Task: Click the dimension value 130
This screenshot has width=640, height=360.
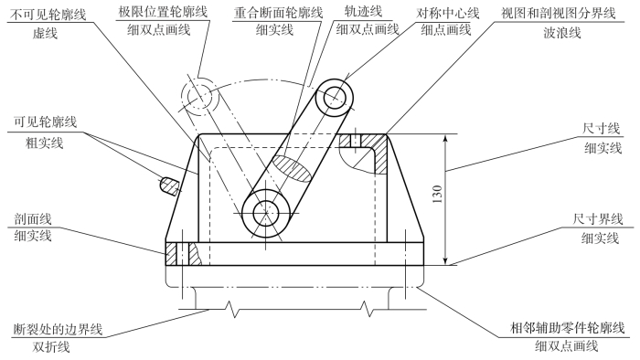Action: coord(437,195)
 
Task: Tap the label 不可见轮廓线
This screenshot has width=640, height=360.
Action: coord(48,16)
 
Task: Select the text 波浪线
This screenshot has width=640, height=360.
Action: coord(562,32)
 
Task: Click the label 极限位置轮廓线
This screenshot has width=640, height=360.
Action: coord(163,11)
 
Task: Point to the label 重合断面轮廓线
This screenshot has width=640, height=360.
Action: coord(278,13)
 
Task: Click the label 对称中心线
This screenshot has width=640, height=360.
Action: coord(448,13)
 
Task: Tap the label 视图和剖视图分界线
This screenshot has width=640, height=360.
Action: coord(558,13)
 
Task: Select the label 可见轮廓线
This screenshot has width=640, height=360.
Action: coord(46,122)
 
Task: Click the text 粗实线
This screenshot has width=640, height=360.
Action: coord(45,143)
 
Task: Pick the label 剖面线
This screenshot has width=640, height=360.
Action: coord(33,219)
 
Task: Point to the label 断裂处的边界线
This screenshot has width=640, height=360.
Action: coord(58,329)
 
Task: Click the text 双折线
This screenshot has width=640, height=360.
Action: coord(51,347)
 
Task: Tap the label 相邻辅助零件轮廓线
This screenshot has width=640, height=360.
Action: coord(568,327)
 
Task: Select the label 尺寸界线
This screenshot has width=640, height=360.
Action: coord(598,219)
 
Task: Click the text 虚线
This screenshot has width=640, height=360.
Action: coord(45,33)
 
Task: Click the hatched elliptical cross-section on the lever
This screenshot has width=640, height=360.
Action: coord(293,167)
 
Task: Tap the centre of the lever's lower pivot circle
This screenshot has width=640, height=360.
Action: coord(266,212)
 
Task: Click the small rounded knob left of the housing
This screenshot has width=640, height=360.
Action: coord(169,185)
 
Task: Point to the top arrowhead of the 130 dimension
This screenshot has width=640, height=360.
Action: coord(446,138)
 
